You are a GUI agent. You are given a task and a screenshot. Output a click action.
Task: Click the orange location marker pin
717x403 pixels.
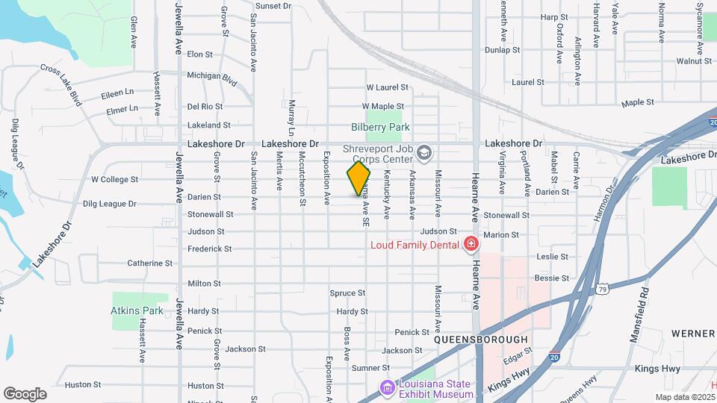coord(358,178)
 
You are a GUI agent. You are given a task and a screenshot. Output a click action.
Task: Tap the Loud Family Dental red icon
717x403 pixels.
coord(471,244)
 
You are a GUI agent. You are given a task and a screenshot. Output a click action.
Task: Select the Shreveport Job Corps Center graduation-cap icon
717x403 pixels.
coord(424,153)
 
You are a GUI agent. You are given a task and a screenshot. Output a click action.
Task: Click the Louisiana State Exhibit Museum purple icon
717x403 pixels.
coord(386,388)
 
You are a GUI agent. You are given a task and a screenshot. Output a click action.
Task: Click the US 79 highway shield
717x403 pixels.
coord(602,289)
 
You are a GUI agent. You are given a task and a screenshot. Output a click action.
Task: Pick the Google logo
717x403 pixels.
coord(25,394)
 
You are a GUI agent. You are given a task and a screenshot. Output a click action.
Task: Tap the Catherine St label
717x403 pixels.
coord(149,263)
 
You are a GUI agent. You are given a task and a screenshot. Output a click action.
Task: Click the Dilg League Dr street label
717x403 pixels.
coord(109,203)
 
